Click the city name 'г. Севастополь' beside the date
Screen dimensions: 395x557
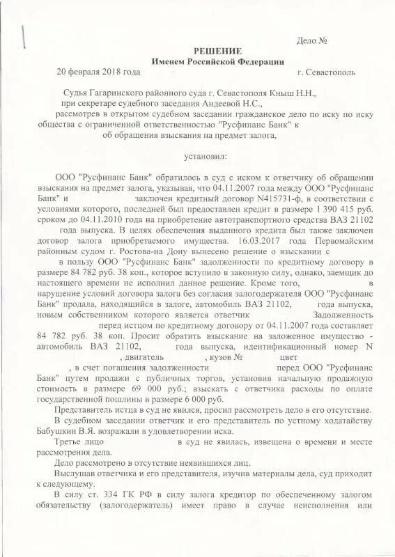point(326,72)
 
